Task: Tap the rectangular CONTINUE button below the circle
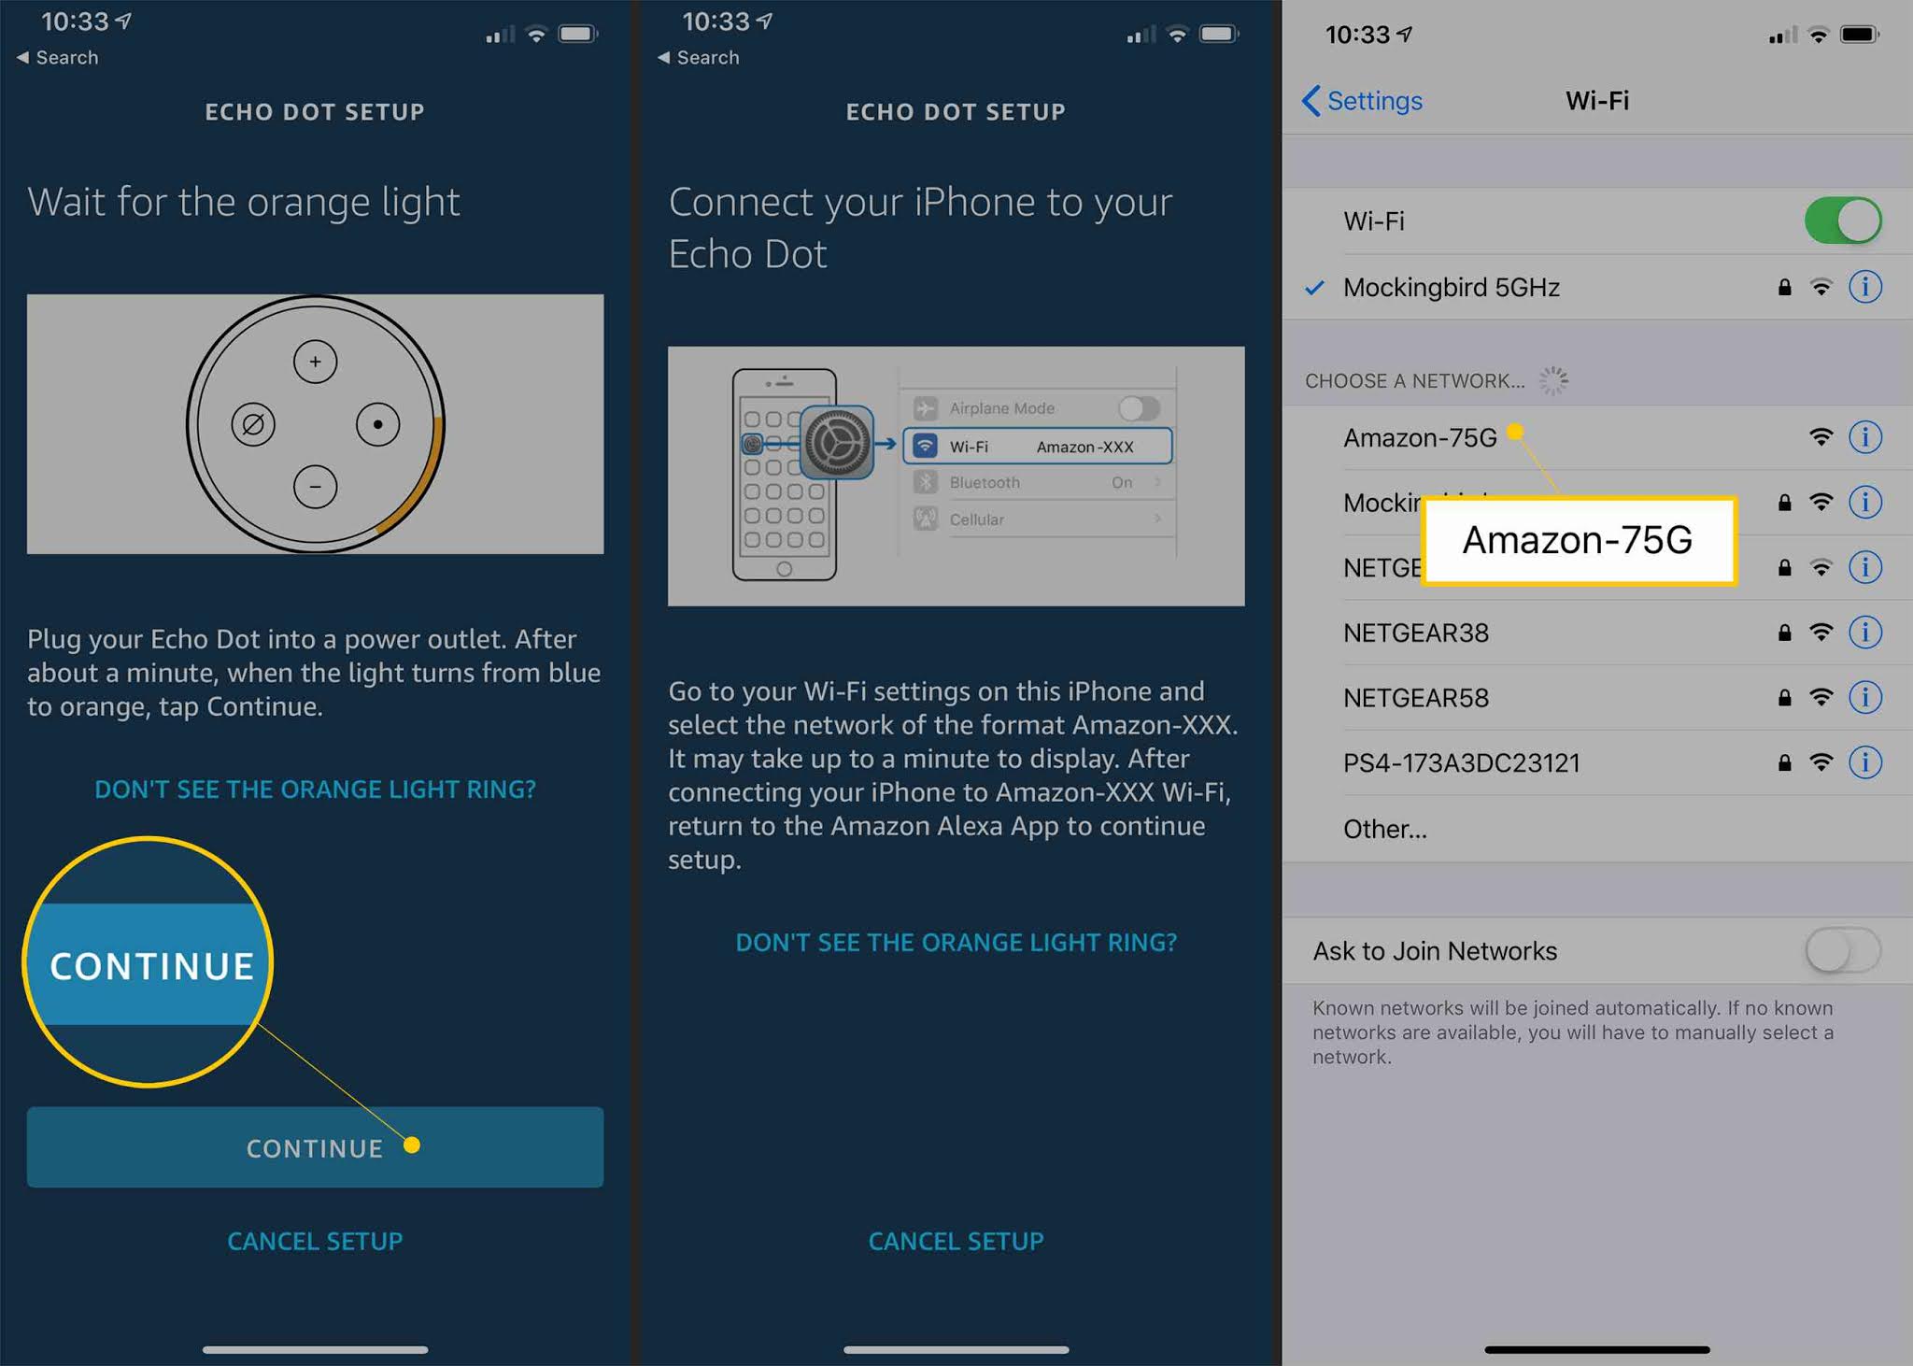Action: click(315, 1147)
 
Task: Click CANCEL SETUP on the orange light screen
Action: click(315, 1241)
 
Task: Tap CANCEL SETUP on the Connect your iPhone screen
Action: click(956, 1241)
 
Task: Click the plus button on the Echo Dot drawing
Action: click(315, 362)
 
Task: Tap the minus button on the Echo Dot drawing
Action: click(315, 487)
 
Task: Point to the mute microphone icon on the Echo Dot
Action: click(253, 425)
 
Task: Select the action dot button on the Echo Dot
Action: click(377, 424)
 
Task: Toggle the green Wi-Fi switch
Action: click(1842, 221)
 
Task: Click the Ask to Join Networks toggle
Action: click(1842, 951)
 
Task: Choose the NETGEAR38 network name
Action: click(1416, 633)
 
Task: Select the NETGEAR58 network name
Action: click(1416, 698)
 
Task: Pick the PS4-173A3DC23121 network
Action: click(1461, 763)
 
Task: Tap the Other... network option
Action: click(1384, 830)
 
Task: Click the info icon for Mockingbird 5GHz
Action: click(1865, 287)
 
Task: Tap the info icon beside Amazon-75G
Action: click(1865, 436)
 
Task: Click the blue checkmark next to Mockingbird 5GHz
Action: click(1314, 287)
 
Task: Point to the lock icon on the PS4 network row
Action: click(1784, 763)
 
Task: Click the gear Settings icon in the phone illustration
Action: click(837, 443)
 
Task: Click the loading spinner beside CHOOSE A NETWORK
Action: click(1553, 380)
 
